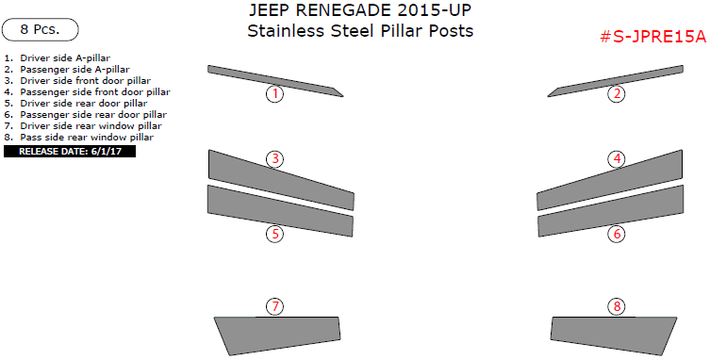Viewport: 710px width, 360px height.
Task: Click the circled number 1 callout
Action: (274, 93)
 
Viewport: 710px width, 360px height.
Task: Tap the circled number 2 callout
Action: (616, 93)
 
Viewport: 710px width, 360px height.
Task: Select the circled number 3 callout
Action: (274, 158)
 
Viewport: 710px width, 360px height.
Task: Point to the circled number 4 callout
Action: (617, 158)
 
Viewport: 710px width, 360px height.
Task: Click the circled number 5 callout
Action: (274, 234)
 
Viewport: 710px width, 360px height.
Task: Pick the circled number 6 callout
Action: (617, 234)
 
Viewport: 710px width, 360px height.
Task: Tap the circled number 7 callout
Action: (274, 306)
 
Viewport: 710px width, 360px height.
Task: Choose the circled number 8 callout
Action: (617, 306)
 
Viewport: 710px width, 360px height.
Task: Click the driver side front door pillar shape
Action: (281, 176)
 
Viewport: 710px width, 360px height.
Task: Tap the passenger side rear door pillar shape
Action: (608, 214)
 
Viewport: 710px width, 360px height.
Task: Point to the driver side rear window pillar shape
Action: (275, 335)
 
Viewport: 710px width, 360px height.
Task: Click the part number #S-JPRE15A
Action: (652, 37)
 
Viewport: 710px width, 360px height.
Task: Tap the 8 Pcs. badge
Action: (40, 29)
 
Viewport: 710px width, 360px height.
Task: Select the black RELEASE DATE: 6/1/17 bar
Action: (70, 151)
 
